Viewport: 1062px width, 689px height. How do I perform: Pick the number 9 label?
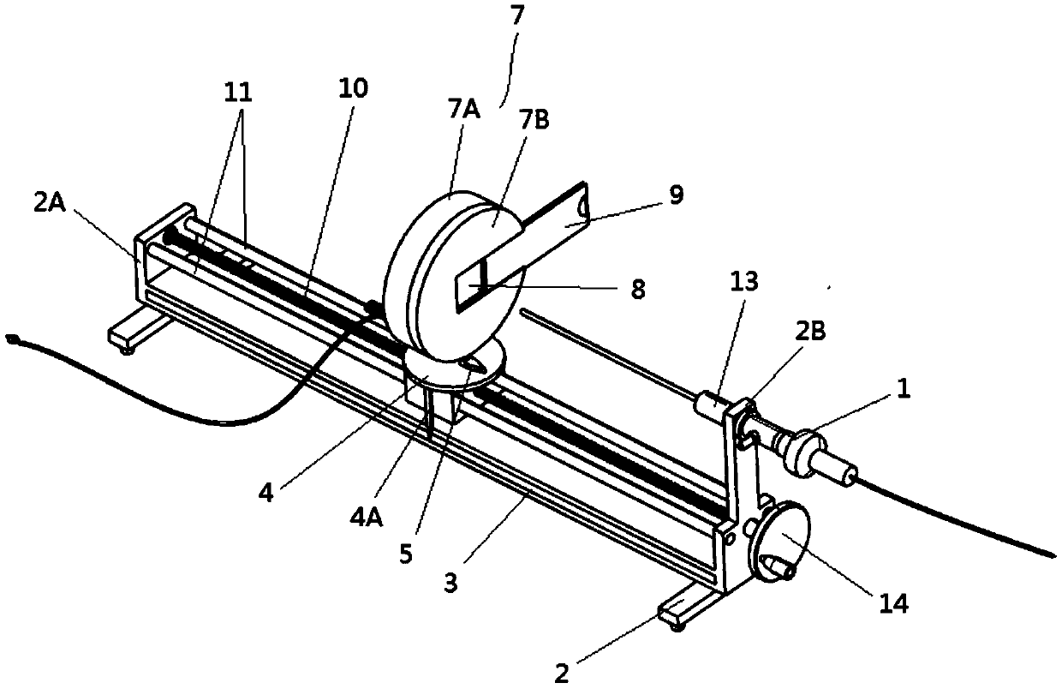click(676, 195)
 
